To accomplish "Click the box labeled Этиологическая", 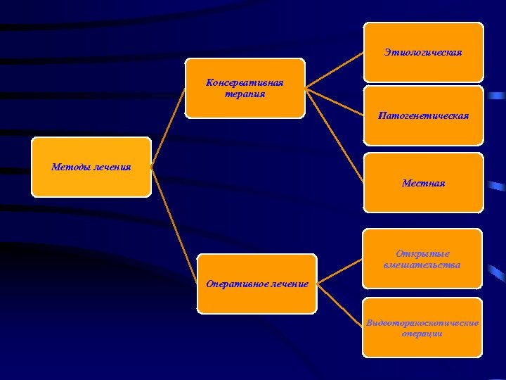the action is coord(423,52).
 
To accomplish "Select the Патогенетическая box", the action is coord(423,115).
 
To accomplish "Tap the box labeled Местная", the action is coord(423,182).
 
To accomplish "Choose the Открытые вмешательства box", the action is coord(422,258).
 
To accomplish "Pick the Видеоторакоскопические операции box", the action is coord(422,327).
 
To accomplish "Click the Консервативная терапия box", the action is coord(245,88).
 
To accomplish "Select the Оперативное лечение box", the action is coord(257,284).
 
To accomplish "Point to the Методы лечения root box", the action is coord(91,167).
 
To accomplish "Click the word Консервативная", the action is coord(245,82).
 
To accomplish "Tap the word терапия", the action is coord(245,94).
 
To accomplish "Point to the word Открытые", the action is coord(422,253).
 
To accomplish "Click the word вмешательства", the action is coord(422,265).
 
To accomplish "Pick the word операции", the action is coord(422,334).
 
